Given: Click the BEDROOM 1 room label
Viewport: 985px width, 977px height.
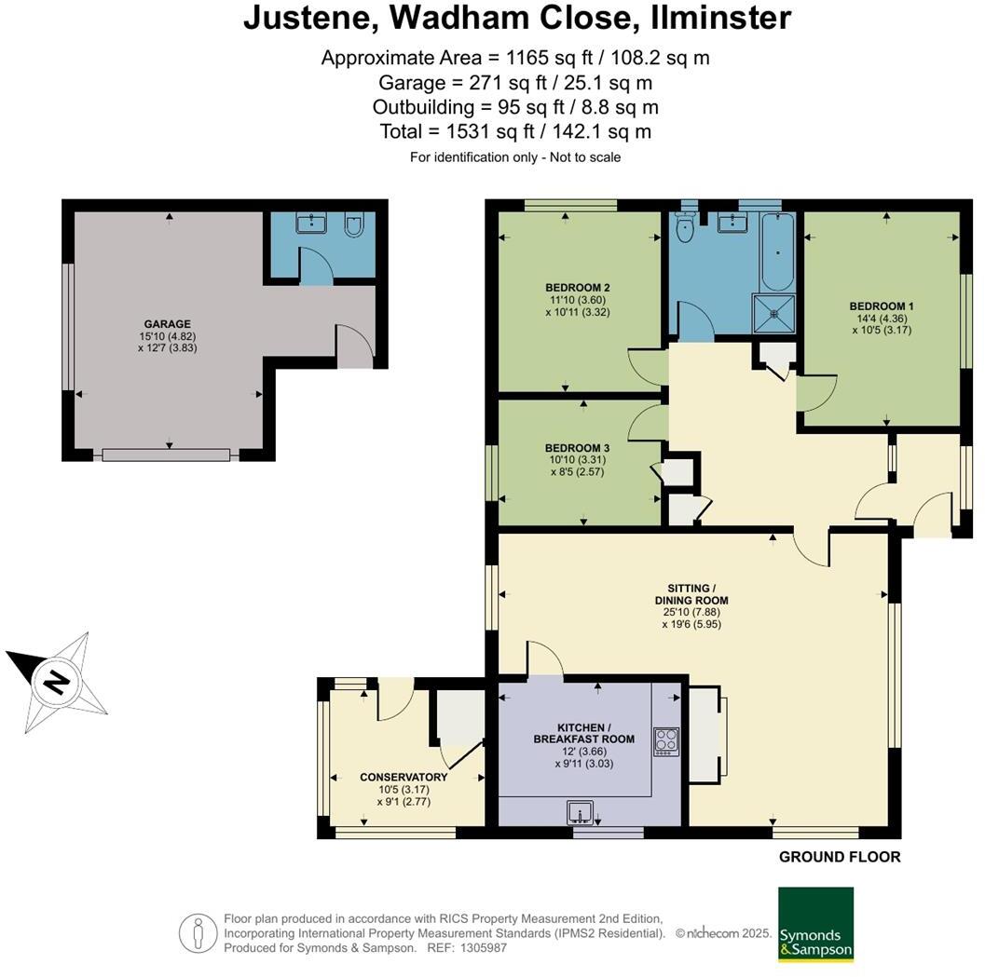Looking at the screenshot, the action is click(882, 306).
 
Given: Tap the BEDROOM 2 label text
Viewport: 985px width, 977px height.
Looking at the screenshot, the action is click(578, 288).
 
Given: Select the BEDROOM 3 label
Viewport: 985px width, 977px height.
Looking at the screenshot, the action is click(578, 448).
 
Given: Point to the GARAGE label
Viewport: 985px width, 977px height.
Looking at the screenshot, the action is click(167, 324).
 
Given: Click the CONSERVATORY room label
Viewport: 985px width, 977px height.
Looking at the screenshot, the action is click(404, 777).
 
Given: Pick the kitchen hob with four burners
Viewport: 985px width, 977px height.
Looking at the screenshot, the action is click(666, 741).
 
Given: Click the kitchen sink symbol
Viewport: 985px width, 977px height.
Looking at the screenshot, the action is click(581, 812).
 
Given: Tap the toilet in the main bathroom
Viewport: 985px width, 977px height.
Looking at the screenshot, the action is click(684, 226).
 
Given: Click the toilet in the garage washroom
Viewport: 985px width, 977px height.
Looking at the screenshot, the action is click(354, 224).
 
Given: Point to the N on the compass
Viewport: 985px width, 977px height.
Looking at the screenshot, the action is click(57, 682).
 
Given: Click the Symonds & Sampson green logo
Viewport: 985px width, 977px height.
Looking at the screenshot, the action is click(816, 924).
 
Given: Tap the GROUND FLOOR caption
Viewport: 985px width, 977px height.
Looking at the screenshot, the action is click(840, 857).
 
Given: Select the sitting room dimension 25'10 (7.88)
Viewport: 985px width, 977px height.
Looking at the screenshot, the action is click(691, 612).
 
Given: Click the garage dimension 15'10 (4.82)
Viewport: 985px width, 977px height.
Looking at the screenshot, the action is click(167, 336).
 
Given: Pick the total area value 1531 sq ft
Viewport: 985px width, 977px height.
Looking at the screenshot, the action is click(490, 132).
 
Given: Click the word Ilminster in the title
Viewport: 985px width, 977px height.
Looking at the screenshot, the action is click(720, 18).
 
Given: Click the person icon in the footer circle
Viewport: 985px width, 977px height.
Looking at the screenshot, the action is click(198, 933).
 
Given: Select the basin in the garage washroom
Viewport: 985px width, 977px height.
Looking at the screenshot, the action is click(311, 223).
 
